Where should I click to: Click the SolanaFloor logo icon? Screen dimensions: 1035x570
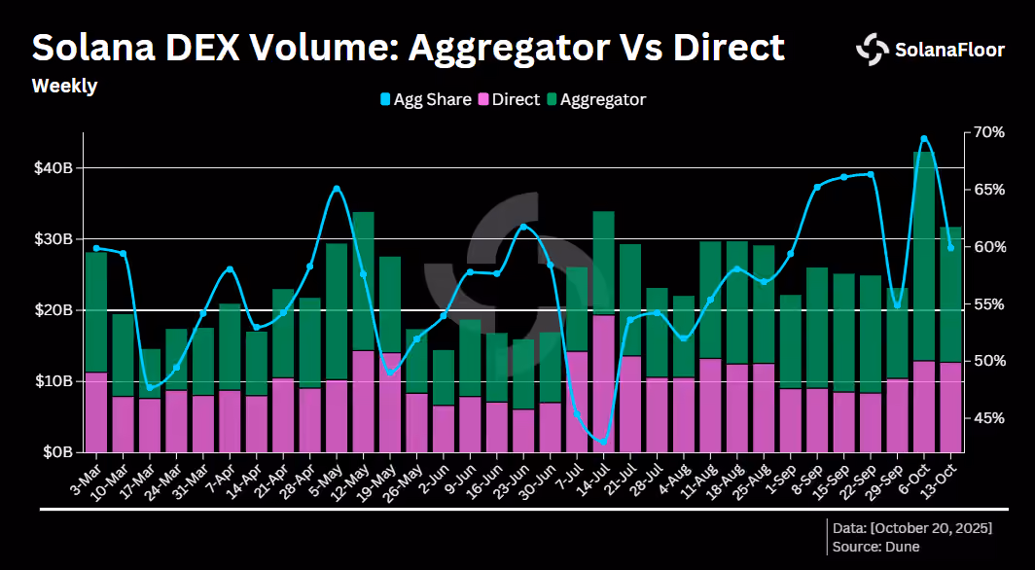pyautogui.click(x=873, y=50)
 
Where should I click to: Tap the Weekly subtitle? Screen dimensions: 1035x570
pyautogui.click(x=64, y=87)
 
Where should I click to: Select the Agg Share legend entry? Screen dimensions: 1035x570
pyautogui.click(x=425, y=99)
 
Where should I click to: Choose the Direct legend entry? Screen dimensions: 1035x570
pyautogui.click(x=510, y=99)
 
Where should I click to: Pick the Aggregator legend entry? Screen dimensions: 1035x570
pyautogui.click(x=597, y=99)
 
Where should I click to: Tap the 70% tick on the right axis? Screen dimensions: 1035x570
pyautogui.click(x=988, y=132)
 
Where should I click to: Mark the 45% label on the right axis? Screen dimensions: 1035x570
pyautogui.click(x=988, y=417)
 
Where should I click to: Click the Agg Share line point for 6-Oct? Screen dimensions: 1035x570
pyautogui.click(x=924, y=138)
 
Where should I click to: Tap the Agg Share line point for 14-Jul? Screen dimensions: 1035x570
pyautogui.click(x=603, y=442)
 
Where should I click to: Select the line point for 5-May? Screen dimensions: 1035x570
pyautogui.click(x=337, y=189)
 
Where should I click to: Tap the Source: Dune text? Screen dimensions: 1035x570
pyautogui.click(x=875, y=547)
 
